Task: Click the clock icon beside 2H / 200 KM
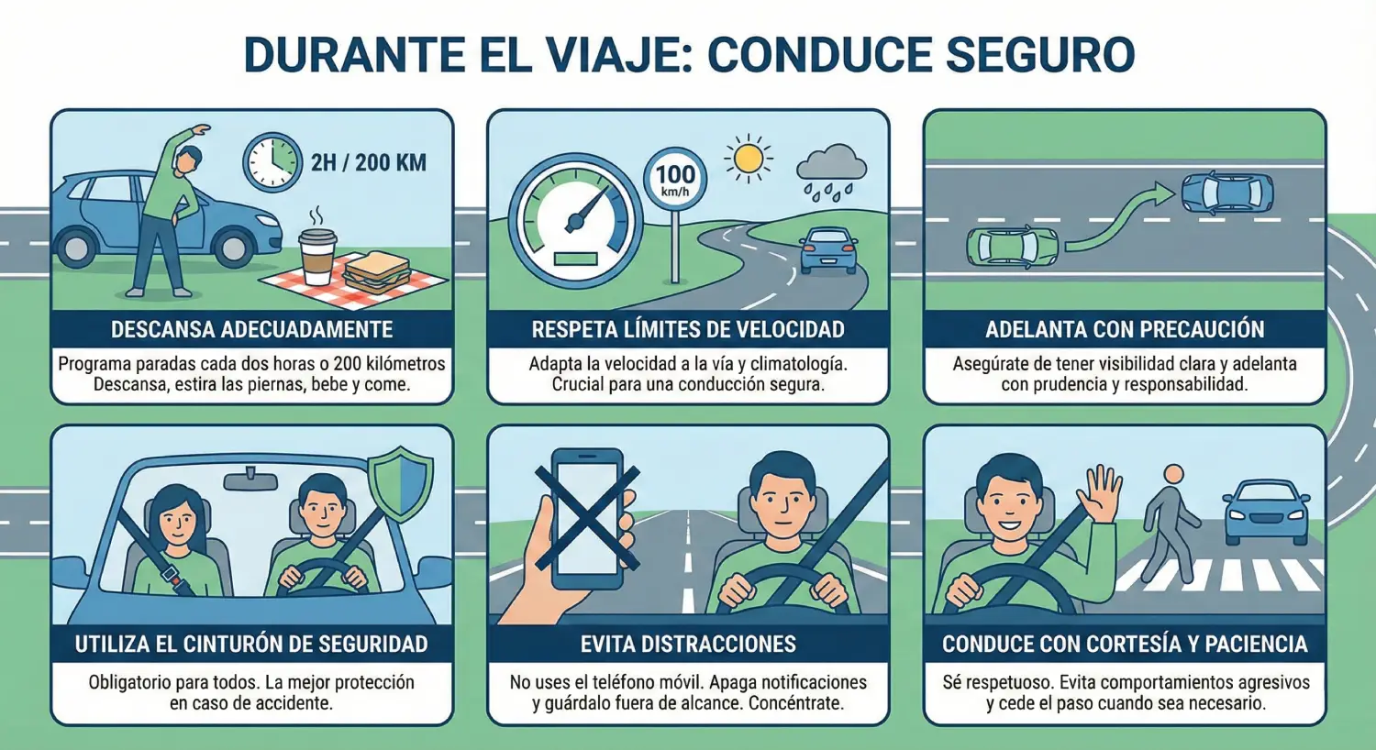272,162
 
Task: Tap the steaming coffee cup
317,256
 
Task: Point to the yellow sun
748,159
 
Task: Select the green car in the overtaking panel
1013,247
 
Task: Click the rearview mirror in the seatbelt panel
250,480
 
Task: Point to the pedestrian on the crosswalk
1171,523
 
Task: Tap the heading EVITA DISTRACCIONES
688,644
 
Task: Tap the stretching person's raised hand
200,129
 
